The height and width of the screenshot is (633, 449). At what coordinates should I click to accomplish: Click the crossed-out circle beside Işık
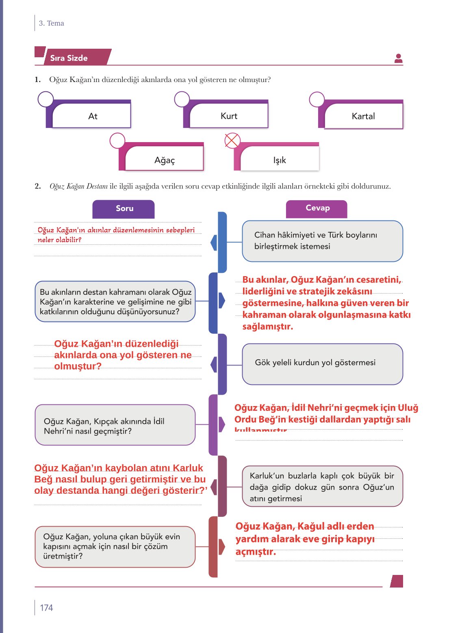click(232, 141)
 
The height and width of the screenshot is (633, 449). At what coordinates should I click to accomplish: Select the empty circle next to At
click(46, 99)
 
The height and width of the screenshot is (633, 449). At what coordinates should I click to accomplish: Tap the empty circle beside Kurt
click(182, 99)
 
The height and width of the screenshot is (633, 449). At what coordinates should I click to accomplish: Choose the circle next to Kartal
click(317, 99)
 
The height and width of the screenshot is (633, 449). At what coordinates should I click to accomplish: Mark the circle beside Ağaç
click(117, 141)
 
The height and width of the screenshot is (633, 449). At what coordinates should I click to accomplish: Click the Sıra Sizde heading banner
click(73, 58)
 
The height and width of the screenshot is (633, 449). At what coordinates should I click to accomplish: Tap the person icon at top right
click(398, 58)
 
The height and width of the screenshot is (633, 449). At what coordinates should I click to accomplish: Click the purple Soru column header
click(124, 209)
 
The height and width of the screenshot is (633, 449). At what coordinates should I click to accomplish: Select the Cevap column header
click(317, 208)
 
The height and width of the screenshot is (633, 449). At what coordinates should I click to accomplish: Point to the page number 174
click(46, 608)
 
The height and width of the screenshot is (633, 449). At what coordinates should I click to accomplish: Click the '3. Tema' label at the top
click(52, 23)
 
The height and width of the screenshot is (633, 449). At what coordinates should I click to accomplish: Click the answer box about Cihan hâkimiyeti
click(322, 241)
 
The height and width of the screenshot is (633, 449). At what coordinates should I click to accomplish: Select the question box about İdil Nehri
click(115, 425)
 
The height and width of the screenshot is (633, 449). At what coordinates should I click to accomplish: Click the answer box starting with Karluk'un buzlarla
click(322, 486)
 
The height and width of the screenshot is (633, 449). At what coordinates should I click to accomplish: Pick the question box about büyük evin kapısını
click(115, 547)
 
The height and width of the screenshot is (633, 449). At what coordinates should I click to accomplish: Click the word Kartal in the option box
click(363, 116)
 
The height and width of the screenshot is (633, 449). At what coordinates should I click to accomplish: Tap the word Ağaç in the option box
click(165, 160)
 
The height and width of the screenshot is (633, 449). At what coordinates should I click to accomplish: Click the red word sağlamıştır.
click(267, 326)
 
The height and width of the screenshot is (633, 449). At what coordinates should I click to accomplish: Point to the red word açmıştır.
click(256, 552)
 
